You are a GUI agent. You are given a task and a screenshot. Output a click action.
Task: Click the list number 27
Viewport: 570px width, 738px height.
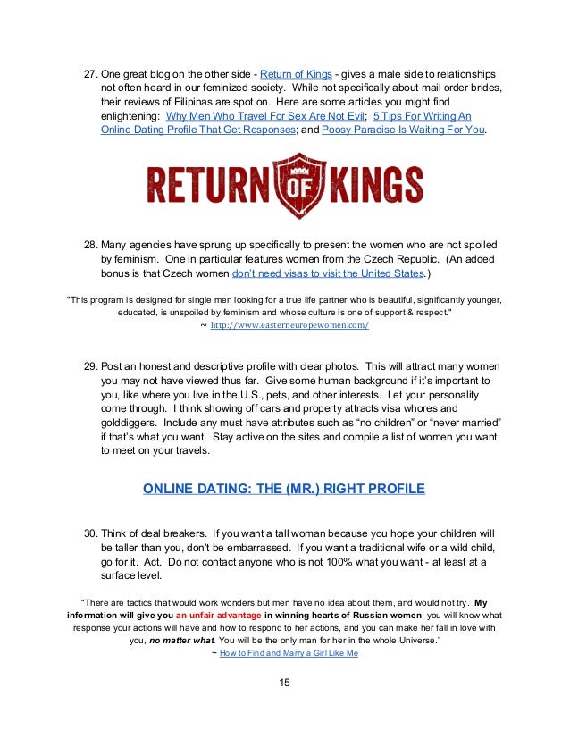pyautogui.click(x=91, y=73)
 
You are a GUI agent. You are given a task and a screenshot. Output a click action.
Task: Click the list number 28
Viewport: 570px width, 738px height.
pyautogui.click(x=91, y=245)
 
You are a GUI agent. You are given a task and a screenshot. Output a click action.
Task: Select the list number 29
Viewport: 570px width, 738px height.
pyautogui.click(x=91, y=368)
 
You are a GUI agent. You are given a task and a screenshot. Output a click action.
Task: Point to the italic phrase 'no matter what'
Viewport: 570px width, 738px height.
pyautogui.click(x=179, y=640)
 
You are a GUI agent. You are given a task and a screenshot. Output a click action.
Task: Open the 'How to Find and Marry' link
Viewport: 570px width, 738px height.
pyautogui.click(x=288, y=653)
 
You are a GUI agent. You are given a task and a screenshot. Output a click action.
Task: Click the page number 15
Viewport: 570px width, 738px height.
pyautogui.click(x=284, y=683)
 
